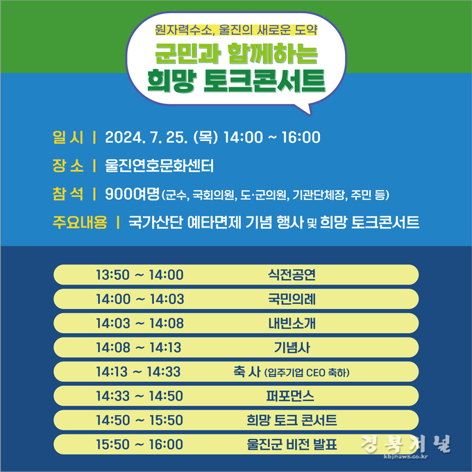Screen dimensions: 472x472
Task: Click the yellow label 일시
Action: pyautogui.click(x=68, y=137)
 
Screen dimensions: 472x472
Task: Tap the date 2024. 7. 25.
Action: pyautogui.click(x=146, y=137)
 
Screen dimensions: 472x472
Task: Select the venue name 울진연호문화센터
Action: pyautogui.click(x=159, y=166)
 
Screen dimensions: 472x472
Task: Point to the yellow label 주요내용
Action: pyautogui.click(x=80, y=222)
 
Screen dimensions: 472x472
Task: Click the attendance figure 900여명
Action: pyautogui.click(x=132, y=194)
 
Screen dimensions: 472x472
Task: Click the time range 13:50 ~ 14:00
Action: pyautogui.click(x=140, y=275)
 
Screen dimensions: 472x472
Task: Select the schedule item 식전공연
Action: pyautogui.click(x=292, y=275)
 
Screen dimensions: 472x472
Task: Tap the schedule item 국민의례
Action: pyautogui.click(x=292, y=299)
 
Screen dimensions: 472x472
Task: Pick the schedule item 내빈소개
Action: pyautogui.click(x=292, y=323)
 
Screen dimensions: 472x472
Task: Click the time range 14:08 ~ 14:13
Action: pyautogui.click(x=138, y=348)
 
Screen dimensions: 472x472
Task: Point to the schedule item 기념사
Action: pyautogui.click(x=292, y=348)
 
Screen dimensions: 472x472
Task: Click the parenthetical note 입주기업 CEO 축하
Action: pyautogui.click(x=307, y=373)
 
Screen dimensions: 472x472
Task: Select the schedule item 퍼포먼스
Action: pyautogui.click(x=290, y=396)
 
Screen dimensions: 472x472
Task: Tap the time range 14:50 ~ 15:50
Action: pyautogui.click(x=140, y=420)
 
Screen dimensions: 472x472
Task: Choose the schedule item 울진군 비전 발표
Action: pyautogui.click(x=292, y=445)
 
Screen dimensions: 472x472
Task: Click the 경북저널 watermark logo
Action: pyautogui.click(x=405, y=445)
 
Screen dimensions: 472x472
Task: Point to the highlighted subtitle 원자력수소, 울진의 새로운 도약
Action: pyautogui.click(x=236, y=30)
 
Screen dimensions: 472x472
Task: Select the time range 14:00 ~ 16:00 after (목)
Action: pyautogui.click(x=272, y=137)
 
